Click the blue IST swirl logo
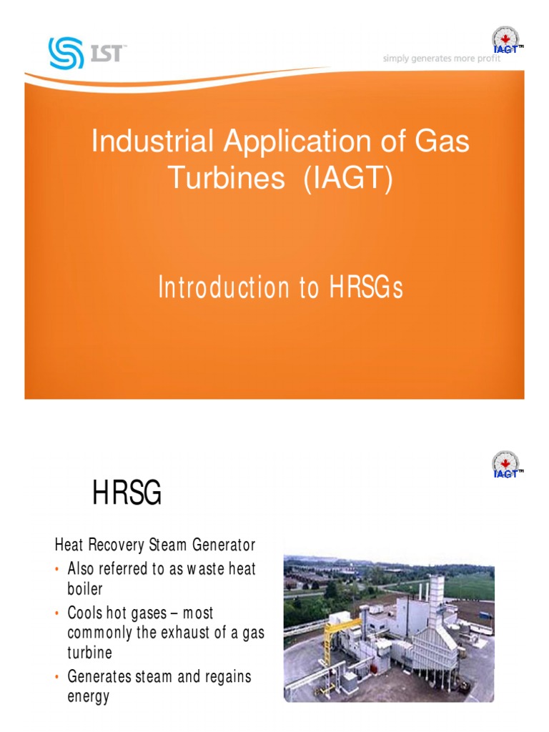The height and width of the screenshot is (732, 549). (66, 53)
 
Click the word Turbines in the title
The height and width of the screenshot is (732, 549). (226, 179)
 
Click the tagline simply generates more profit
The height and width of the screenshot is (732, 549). (441, 59)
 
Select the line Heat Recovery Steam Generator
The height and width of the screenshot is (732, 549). (155, 545)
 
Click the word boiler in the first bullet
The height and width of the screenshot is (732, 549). (85, 590)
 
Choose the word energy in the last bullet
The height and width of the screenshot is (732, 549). (88, 696)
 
